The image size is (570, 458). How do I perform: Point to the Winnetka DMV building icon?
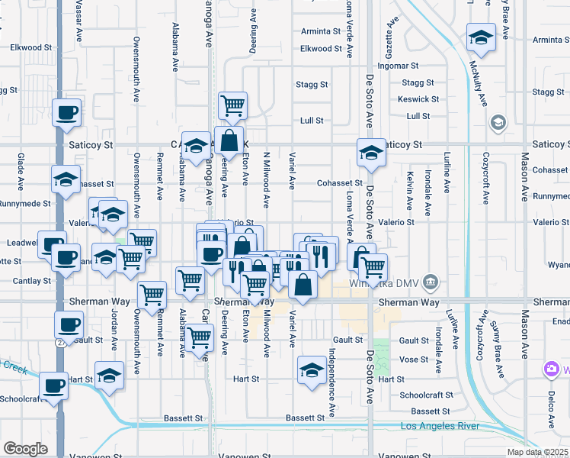pyautogui.click(x=431, y=283)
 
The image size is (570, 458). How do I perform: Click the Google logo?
pyautogui.click(x=25, y=449)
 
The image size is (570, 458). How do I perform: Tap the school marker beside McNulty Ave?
pyautogui.click(x=481, y=37)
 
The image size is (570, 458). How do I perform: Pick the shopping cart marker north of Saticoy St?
pyautogui.click(x=232, y=105)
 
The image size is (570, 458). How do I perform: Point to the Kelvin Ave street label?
pyautogui.click(x=410, y=192)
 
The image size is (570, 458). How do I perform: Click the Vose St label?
pyautogui.click(x=414, y=359)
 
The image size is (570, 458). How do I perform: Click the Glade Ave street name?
pyautogui.click(x=21, y=172)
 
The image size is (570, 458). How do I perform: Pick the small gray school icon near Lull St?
pyautogui.click(x=498, y=122)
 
